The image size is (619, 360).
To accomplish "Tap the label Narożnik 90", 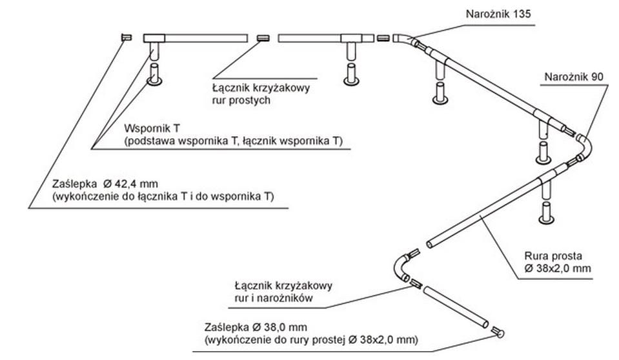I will tap(574, 77).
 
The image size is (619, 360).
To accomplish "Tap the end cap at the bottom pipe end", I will tap(498, 333).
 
